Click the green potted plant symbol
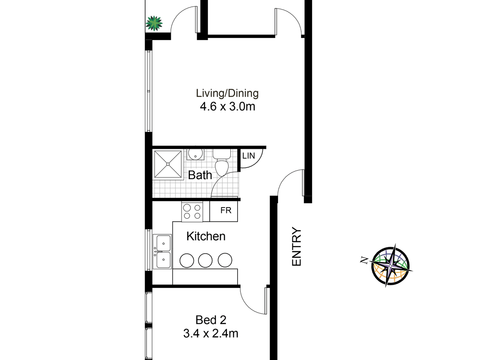point(154,23)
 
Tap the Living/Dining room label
point(227,94)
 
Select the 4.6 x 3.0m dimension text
point(227,107)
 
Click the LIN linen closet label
point(248,156)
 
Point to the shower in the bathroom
point(168,164)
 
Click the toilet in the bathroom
point(221,162)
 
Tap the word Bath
point(200,175)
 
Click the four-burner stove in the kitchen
point(192,211)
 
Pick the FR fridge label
point(226,210)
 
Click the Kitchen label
point(206,236)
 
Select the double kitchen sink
point(163,251)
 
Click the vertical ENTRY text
point(296,247)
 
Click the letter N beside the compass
point(364,261)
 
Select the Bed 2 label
point(211,320)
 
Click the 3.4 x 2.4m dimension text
point(211,333)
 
